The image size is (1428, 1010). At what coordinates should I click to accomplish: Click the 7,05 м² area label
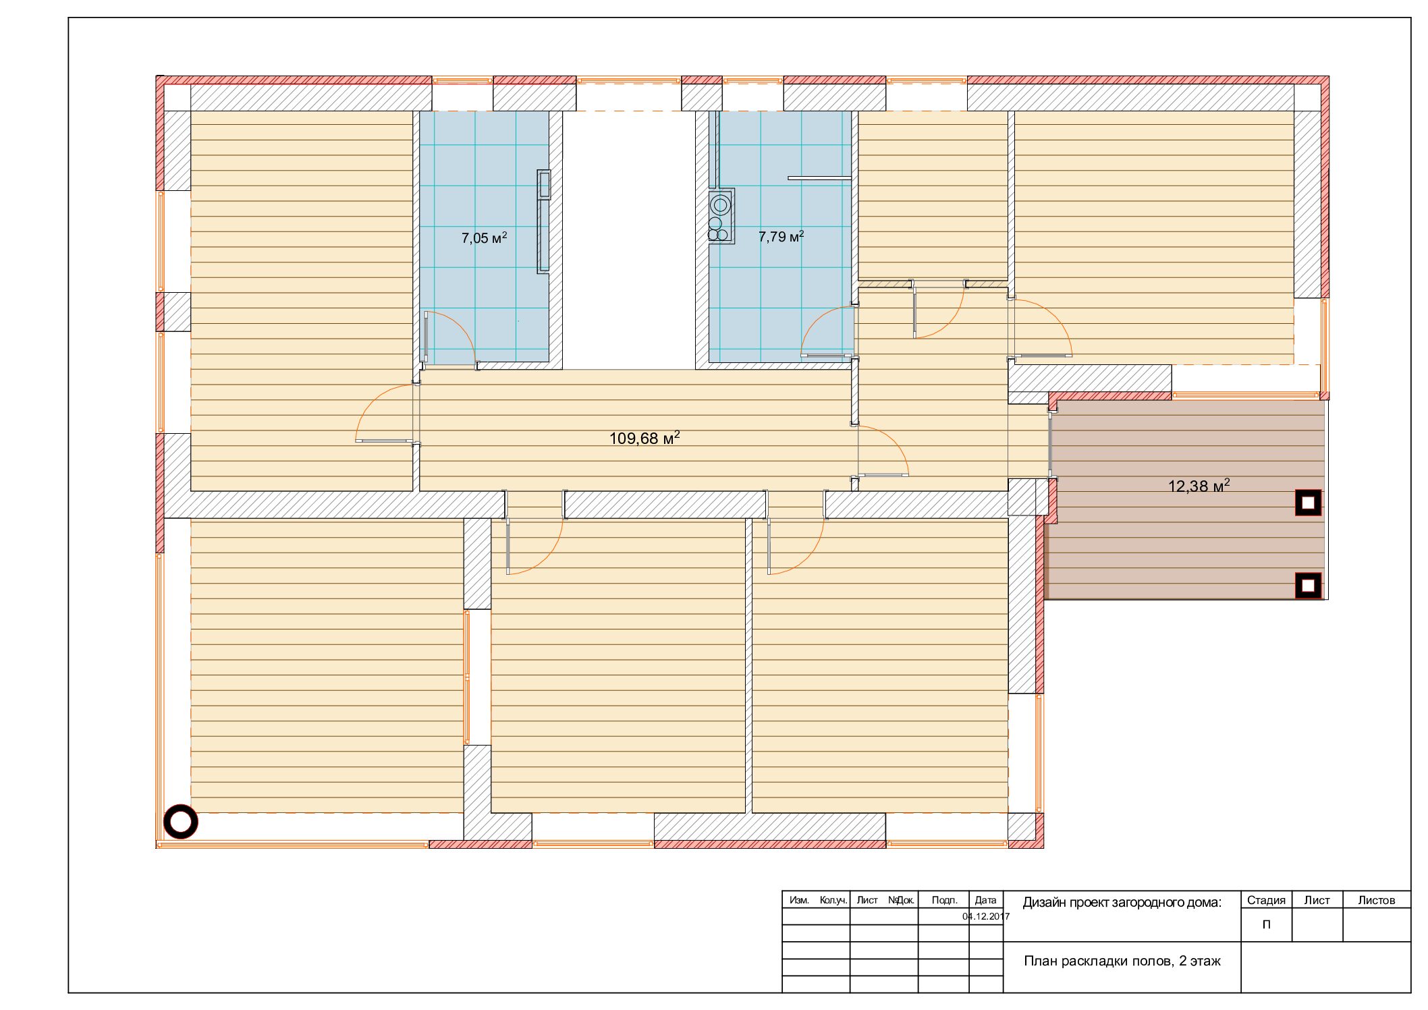pos(484,237)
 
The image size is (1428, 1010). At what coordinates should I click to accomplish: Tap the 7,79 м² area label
pos(781,236)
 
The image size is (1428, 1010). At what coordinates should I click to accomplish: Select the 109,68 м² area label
pos(644,438)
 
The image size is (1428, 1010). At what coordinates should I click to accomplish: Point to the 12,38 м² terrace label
pos(1199,486)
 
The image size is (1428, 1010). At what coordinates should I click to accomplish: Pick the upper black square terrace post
pos(1308,503)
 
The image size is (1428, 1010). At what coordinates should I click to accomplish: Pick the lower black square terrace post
pos(1308,585)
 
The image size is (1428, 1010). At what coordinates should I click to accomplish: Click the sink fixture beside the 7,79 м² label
pos(721,216)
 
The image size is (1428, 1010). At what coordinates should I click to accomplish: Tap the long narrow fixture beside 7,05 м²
pos(543,221)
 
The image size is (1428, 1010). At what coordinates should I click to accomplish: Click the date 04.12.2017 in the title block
pos(986,916)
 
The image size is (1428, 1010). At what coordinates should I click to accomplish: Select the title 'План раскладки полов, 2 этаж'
pos(1122,961)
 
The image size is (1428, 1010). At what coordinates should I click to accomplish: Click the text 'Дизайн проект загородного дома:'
pos(1122,903)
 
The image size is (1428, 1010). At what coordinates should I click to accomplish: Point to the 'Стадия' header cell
pos(1266,900)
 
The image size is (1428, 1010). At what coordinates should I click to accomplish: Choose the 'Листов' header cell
pos(1377,900)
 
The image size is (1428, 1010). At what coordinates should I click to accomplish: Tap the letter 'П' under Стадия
pos(1266,924)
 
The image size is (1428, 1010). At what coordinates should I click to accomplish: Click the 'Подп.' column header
pos(944,900)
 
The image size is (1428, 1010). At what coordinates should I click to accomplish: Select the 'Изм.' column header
pos(799,900)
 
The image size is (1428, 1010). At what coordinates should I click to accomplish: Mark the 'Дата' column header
pos(986,900)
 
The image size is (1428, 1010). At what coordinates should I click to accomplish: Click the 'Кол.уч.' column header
pos(833,900)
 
